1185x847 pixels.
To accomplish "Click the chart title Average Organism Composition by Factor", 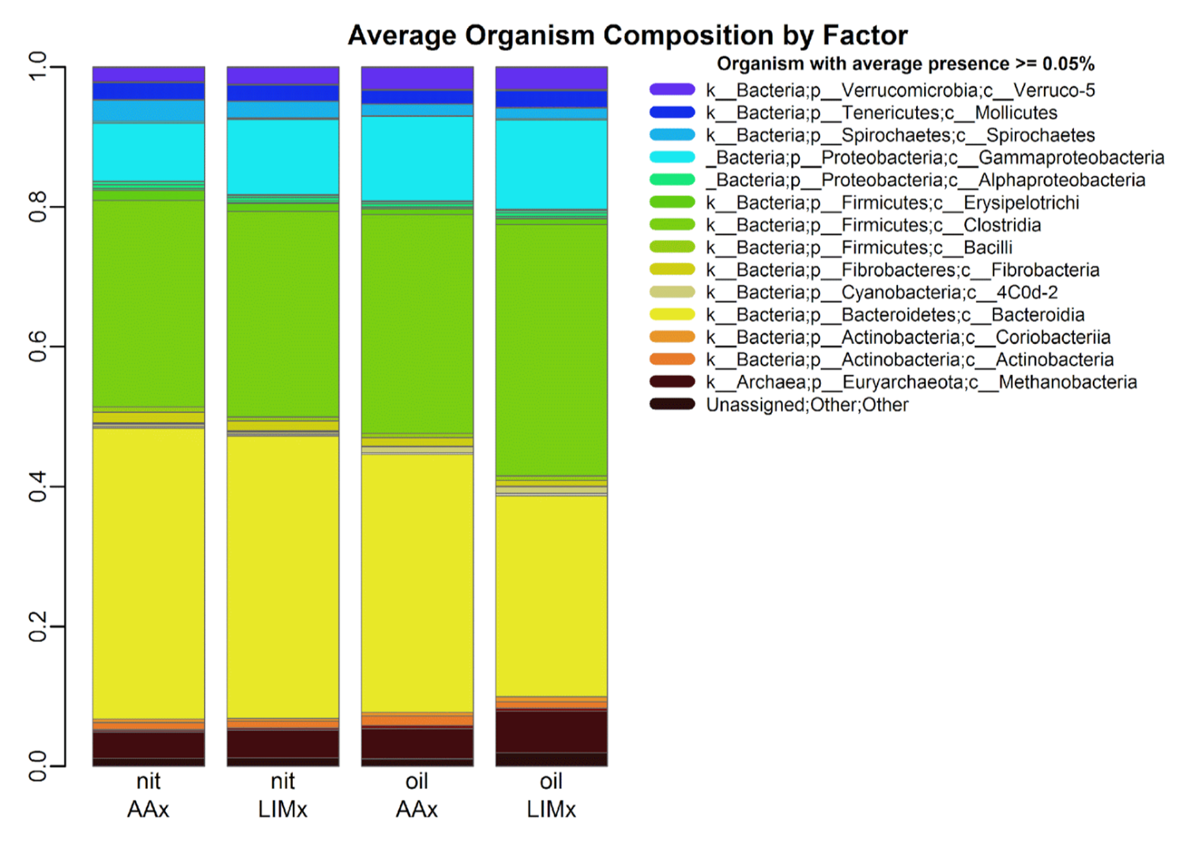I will [627, 35].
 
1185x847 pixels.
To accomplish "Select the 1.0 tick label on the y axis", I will [38, 67].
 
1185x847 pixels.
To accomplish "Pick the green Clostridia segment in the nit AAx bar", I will [149, 303].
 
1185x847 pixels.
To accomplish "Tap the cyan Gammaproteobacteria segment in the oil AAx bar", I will [417, 158].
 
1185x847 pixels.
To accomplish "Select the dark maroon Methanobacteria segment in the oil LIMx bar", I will [551, 731].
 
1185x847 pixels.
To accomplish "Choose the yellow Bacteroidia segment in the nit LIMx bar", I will [283, 577].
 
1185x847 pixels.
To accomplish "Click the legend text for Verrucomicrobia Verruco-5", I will [900, 90].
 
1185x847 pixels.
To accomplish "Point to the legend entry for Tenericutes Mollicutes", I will [881, 113].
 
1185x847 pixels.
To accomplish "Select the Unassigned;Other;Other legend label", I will [807, 405].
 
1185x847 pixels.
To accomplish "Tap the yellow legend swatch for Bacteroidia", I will [672, 315].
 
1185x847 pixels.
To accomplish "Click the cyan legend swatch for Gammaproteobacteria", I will [672, 157].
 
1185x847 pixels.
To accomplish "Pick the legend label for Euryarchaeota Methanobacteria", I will [921, 382].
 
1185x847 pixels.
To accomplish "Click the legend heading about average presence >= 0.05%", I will [905, 64].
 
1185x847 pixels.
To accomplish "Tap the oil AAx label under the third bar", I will [417, 795].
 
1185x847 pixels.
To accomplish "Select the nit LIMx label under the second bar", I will [283, 795].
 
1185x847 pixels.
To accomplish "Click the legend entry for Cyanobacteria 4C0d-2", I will [881, 292].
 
